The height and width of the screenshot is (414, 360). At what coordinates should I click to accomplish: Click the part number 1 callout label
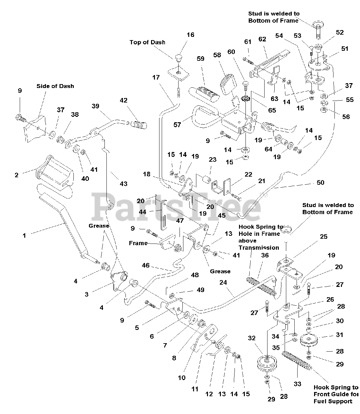[24, 236]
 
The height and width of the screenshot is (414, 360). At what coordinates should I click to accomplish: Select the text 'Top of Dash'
[147, 42]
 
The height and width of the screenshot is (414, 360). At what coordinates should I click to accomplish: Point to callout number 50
[320, 183]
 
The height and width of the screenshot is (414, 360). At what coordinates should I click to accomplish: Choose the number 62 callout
[262, 39]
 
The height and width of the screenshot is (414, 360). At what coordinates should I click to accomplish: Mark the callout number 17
[156, 77]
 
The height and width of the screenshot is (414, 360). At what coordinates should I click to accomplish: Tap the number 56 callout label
[346, 116]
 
